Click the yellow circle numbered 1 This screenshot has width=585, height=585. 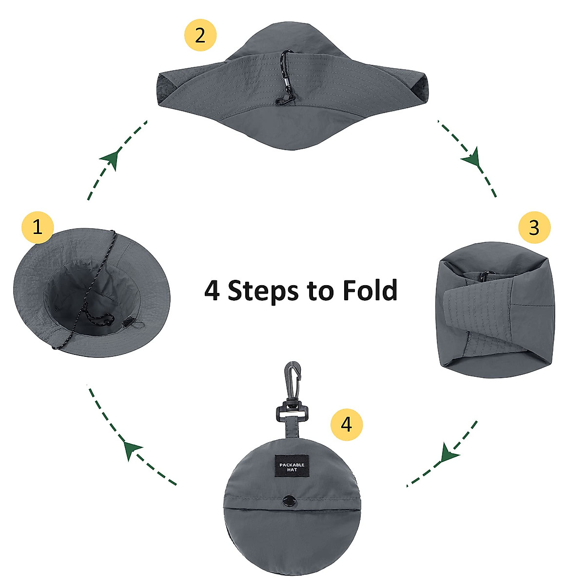tap(38, 227)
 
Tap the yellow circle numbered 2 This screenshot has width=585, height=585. tap(200, 35)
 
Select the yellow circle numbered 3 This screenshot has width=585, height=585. tap(534, 228)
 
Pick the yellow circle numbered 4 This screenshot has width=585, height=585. tap(346, 425)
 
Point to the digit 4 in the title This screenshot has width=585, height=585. tap(212, 291)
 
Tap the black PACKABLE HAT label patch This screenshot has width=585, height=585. tap(292, 467)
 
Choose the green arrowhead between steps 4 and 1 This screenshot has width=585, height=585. tap(131, 449)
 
